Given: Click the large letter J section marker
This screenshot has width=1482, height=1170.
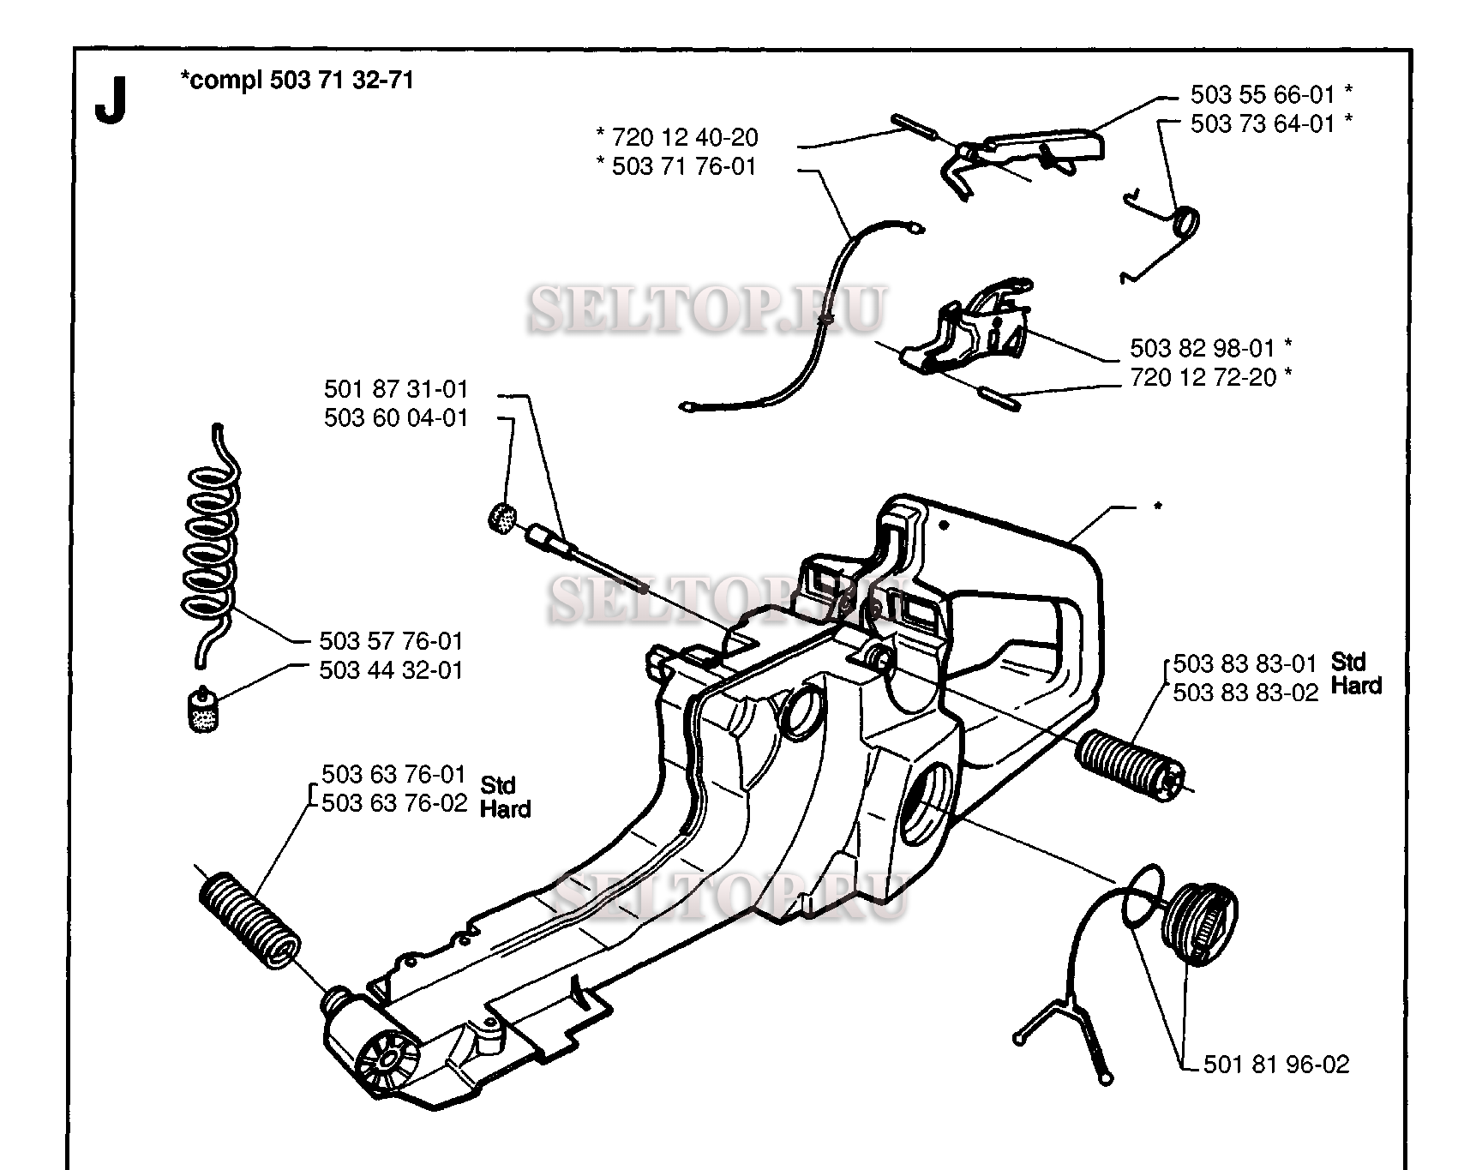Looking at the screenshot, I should (x=111, y=101).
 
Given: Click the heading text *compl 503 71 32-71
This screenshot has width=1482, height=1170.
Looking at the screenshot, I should (x=297, y=81).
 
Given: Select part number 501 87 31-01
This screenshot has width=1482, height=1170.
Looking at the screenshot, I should (x=396, y=389).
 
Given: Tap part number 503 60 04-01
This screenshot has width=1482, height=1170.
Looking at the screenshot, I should (x=396, y=418).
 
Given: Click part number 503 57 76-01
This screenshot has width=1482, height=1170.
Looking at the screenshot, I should (x=391, y=641).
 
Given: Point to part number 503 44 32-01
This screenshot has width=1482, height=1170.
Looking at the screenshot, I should (x=391, y=670).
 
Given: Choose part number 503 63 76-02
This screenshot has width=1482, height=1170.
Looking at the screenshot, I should (x=394, y=803).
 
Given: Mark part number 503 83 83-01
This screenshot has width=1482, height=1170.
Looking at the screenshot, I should (x=1245, y=663).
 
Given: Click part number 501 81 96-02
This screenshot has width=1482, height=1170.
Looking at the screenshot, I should (x=1276, y=1065).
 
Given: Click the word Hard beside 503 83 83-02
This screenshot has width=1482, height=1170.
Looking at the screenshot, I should (x=1356, y=686).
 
